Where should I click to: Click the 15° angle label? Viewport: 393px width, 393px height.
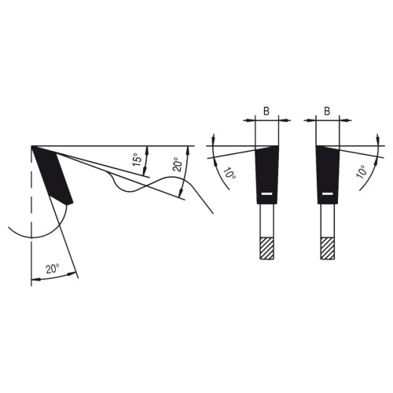137,158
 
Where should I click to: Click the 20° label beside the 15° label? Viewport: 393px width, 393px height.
177,164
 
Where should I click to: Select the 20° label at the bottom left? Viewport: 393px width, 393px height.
53,270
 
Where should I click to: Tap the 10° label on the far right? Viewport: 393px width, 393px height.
362,172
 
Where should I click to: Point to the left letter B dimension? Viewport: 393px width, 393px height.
266,112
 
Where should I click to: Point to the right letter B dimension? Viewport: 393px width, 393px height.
327,112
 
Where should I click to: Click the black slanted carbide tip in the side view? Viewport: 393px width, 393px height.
52,175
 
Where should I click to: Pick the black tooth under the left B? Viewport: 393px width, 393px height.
266,174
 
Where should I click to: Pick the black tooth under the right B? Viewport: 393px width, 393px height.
328,174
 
